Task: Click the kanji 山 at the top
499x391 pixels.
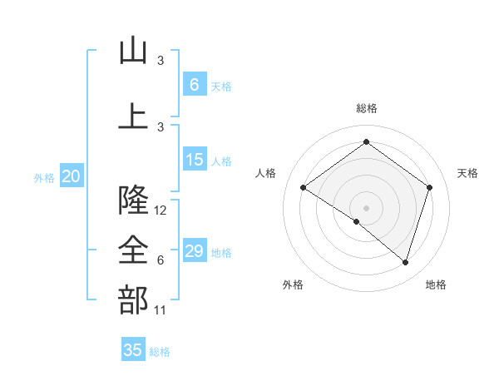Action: click(x=133, y=52)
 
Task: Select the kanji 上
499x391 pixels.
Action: click(x=133, y=116)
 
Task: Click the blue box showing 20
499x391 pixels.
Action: click(x=72, y=176)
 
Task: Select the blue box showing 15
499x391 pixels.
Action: click(x=195, y=161)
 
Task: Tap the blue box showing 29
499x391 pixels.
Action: click(x=195, y=251)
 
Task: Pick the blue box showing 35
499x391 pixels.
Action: click(x=133, y=350)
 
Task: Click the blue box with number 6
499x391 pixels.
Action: click(x=195, y=84)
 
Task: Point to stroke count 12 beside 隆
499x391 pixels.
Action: click(x=161, y=210)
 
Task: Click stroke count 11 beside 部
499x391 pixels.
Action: click(x=161, y=310)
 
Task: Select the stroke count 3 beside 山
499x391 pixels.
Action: click(x=161, y=61)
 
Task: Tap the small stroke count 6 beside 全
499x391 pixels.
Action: click(x=161, y=260)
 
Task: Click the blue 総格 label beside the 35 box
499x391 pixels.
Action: click(x=160, y=352)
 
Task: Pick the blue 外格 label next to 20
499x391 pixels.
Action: click(x=44, y=178)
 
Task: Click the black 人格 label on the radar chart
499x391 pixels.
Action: click(x=266, y=173)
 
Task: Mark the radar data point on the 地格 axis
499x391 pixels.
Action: click(x=406, y=263)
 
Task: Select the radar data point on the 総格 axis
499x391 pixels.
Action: click(x=366, y=142)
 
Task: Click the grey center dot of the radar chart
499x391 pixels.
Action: click(x=366, y=207)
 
